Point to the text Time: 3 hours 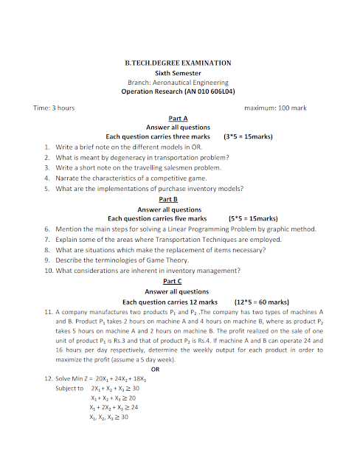(x=54, y=108)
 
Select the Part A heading (x=178, y=118)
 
